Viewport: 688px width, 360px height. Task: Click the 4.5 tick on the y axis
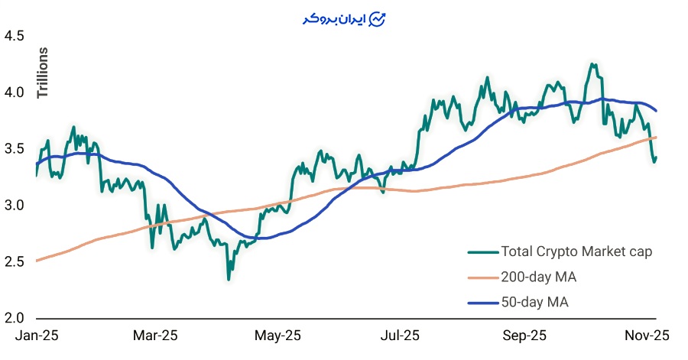coord(15,36)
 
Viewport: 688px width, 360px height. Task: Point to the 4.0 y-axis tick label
coord(15,92)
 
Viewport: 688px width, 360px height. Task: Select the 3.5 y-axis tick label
coord(15,149)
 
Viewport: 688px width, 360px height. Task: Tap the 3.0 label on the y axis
coord(15,206)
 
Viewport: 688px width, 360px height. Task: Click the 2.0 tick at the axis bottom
coord(15,318)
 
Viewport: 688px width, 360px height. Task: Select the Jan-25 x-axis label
coord(37,336)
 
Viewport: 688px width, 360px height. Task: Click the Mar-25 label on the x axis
coord(155,336)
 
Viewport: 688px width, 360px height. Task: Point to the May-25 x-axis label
coord(277,336)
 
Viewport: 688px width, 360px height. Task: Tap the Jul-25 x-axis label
coord(400,336)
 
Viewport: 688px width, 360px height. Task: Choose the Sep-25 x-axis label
coord(525,336)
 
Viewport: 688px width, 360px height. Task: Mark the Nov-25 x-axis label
coord(648,336)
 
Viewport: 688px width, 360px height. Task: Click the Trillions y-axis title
coord(43,73)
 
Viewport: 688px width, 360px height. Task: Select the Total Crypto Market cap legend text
coord(576,251)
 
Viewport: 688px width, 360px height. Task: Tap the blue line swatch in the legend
coord(481,303)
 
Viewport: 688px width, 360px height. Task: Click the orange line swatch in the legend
coord(481,277)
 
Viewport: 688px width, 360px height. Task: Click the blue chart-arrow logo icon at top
coord(378,19)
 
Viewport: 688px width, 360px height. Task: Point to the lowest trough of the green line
coord(228,279)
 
